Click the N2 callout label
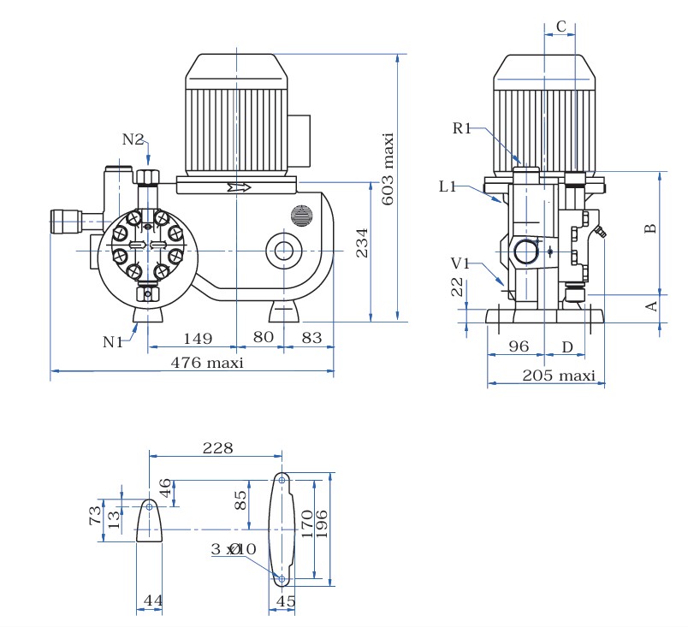point(133,139)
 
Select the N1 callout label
point(113,341)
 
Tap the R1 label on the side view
point(461,128)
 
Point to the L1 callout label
point(448,186)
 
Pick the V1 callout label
point(460,263)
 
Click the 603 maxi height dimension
point(387,169)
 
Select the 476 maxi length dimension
point(207,363)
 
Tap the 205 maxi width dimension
point(559,376)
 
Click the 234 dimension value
point(362,242)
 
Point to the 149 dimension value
point(198,339)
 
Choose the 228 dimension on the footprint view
point(217,447)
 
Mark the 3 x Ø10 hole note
point(234,548)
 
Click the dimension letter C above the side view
point(560,27)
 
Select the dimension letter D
point(567,347)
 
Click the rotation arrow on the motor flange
point(239,187)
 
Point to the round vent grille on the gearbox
point(301,216)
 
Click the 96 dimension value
point(519,346)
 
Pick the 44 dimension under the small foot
point(152,600)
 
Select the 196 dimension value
point(322,523)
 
